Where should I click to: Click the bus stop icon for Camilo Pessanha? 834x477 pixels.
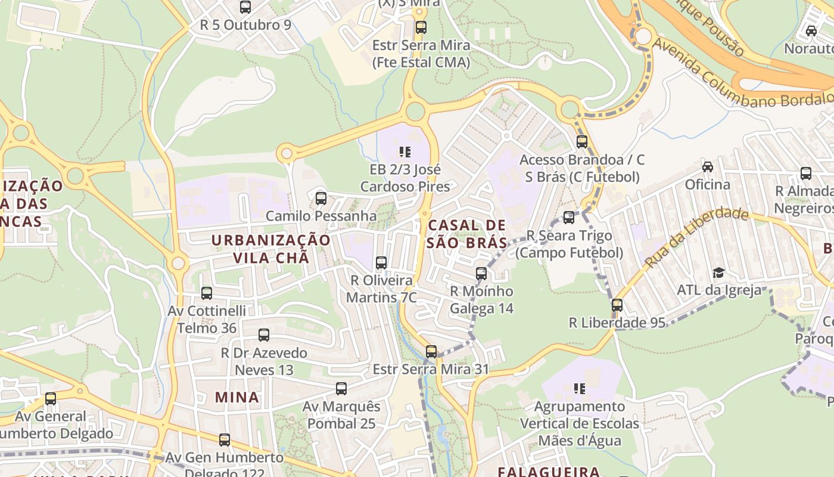321,199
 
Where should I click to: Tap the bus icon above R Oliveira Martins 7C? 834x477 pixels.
381,262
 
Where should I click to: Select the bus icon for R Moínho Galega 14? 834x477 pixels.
481,274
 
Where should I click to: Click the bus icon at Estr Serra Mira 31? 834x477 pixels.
431,352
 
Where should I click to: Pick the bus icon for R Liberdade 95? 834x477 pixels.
617,305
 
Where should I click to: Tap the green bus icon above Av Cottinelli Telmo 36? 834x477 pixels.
207,293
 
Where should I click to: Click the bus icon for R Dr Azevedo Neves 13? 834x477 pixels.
264,335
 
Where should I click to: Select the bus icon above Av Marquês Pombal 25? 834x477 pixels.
341,389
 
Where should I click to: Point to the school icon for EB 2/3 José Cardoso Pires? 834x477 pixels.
405,152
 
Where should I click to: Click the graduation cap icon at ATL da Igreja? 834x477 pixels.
718,273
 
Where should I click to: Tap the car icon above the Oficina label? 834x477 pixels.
707,167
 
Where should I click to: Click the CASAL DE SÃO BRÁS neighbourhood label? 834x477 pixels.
466,234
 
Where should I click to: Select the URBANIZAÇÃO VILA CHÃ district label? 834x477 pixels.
271,249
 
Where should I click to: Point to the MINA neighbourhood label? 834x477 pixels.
237,397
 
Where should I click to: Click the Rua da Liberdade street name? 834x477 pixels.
696,237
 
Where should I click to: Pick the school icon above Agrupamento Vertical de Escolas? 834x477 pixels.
579,389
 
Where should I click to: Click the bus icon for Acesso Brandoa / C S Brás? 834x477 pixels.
582,142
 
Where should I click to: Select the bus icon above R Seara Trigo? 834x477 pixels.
569,218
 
